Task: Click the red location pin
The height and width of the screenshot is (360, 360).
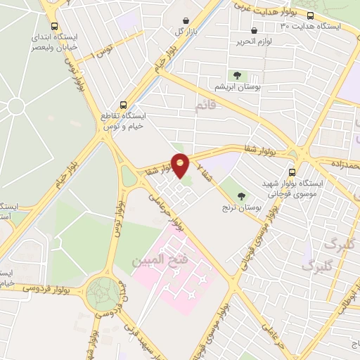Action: click(x=181, y=165)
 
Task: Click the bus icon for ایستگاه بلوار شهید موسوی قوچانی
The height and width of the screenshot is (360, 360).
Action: click(x=292, y=172)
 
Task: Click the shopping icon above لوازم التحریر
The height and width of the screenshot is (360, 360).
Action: click(x=255, y=30)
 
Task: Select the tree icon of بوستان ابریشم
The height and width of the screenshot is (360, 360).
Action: click(x=236, y=75)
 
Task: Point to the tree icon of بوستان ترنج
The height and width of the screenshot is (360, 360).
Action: click(x=243, y=196)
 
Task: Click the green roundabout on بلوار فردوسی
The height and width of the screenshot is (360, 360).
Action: click(x=103, y=291)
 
